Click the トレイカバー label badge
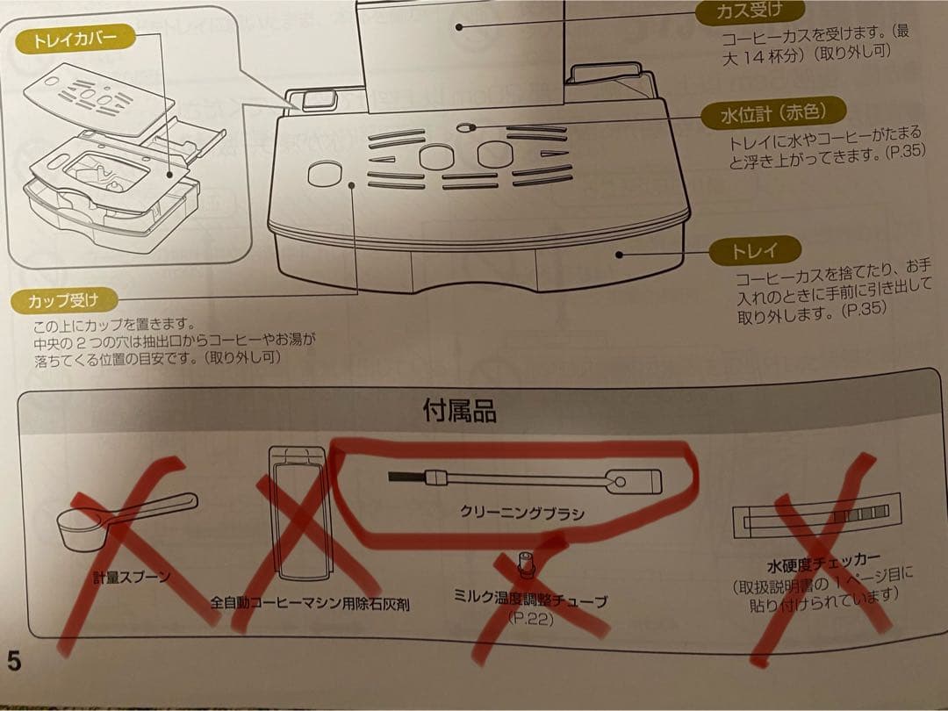coord(75,39)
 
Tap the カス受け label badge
coord(750,11)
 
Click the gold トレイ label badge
coord(755,250)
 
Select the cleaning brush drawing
coord(525,481)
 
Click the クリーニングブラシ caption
coord(522,513)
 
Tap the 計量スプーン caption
coord(132,577)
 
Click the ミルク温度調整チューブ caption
coord(530,600)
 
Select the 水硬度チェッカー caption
coord(823,564)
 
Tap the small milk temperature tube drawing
coord(526,564)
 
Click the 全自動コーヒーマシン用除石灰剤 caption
coord(310,603)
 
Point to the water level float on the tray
coord(464,127)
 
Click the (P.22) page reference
coord(530,619)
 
